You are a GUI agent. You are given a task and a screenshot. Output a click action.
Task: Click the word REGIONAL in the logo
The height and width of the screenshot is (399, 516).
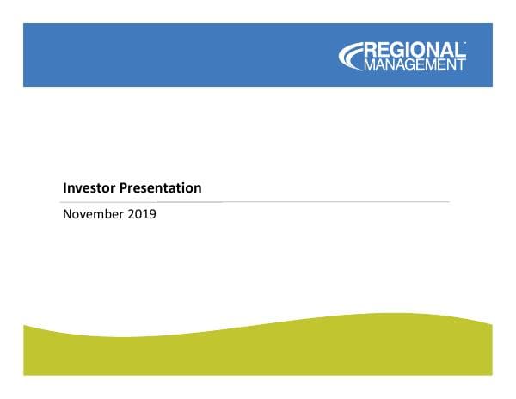coord(416,49)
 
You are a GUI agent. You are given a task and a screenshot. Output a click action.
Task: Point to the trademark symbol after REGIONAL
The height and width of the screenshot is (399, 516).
coord(465,42)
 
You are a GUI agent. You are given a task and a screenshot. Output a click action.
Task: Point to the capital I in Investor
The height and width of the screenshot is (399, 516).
coord(65,187)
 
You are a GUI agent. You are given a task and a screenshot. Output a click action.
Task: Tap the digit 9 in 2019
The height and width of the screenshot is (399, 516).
coord(152,215)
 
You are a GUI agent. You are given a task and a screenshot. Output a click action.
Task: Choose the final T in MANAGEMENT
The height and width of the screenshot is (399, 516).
coord(462,63)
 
